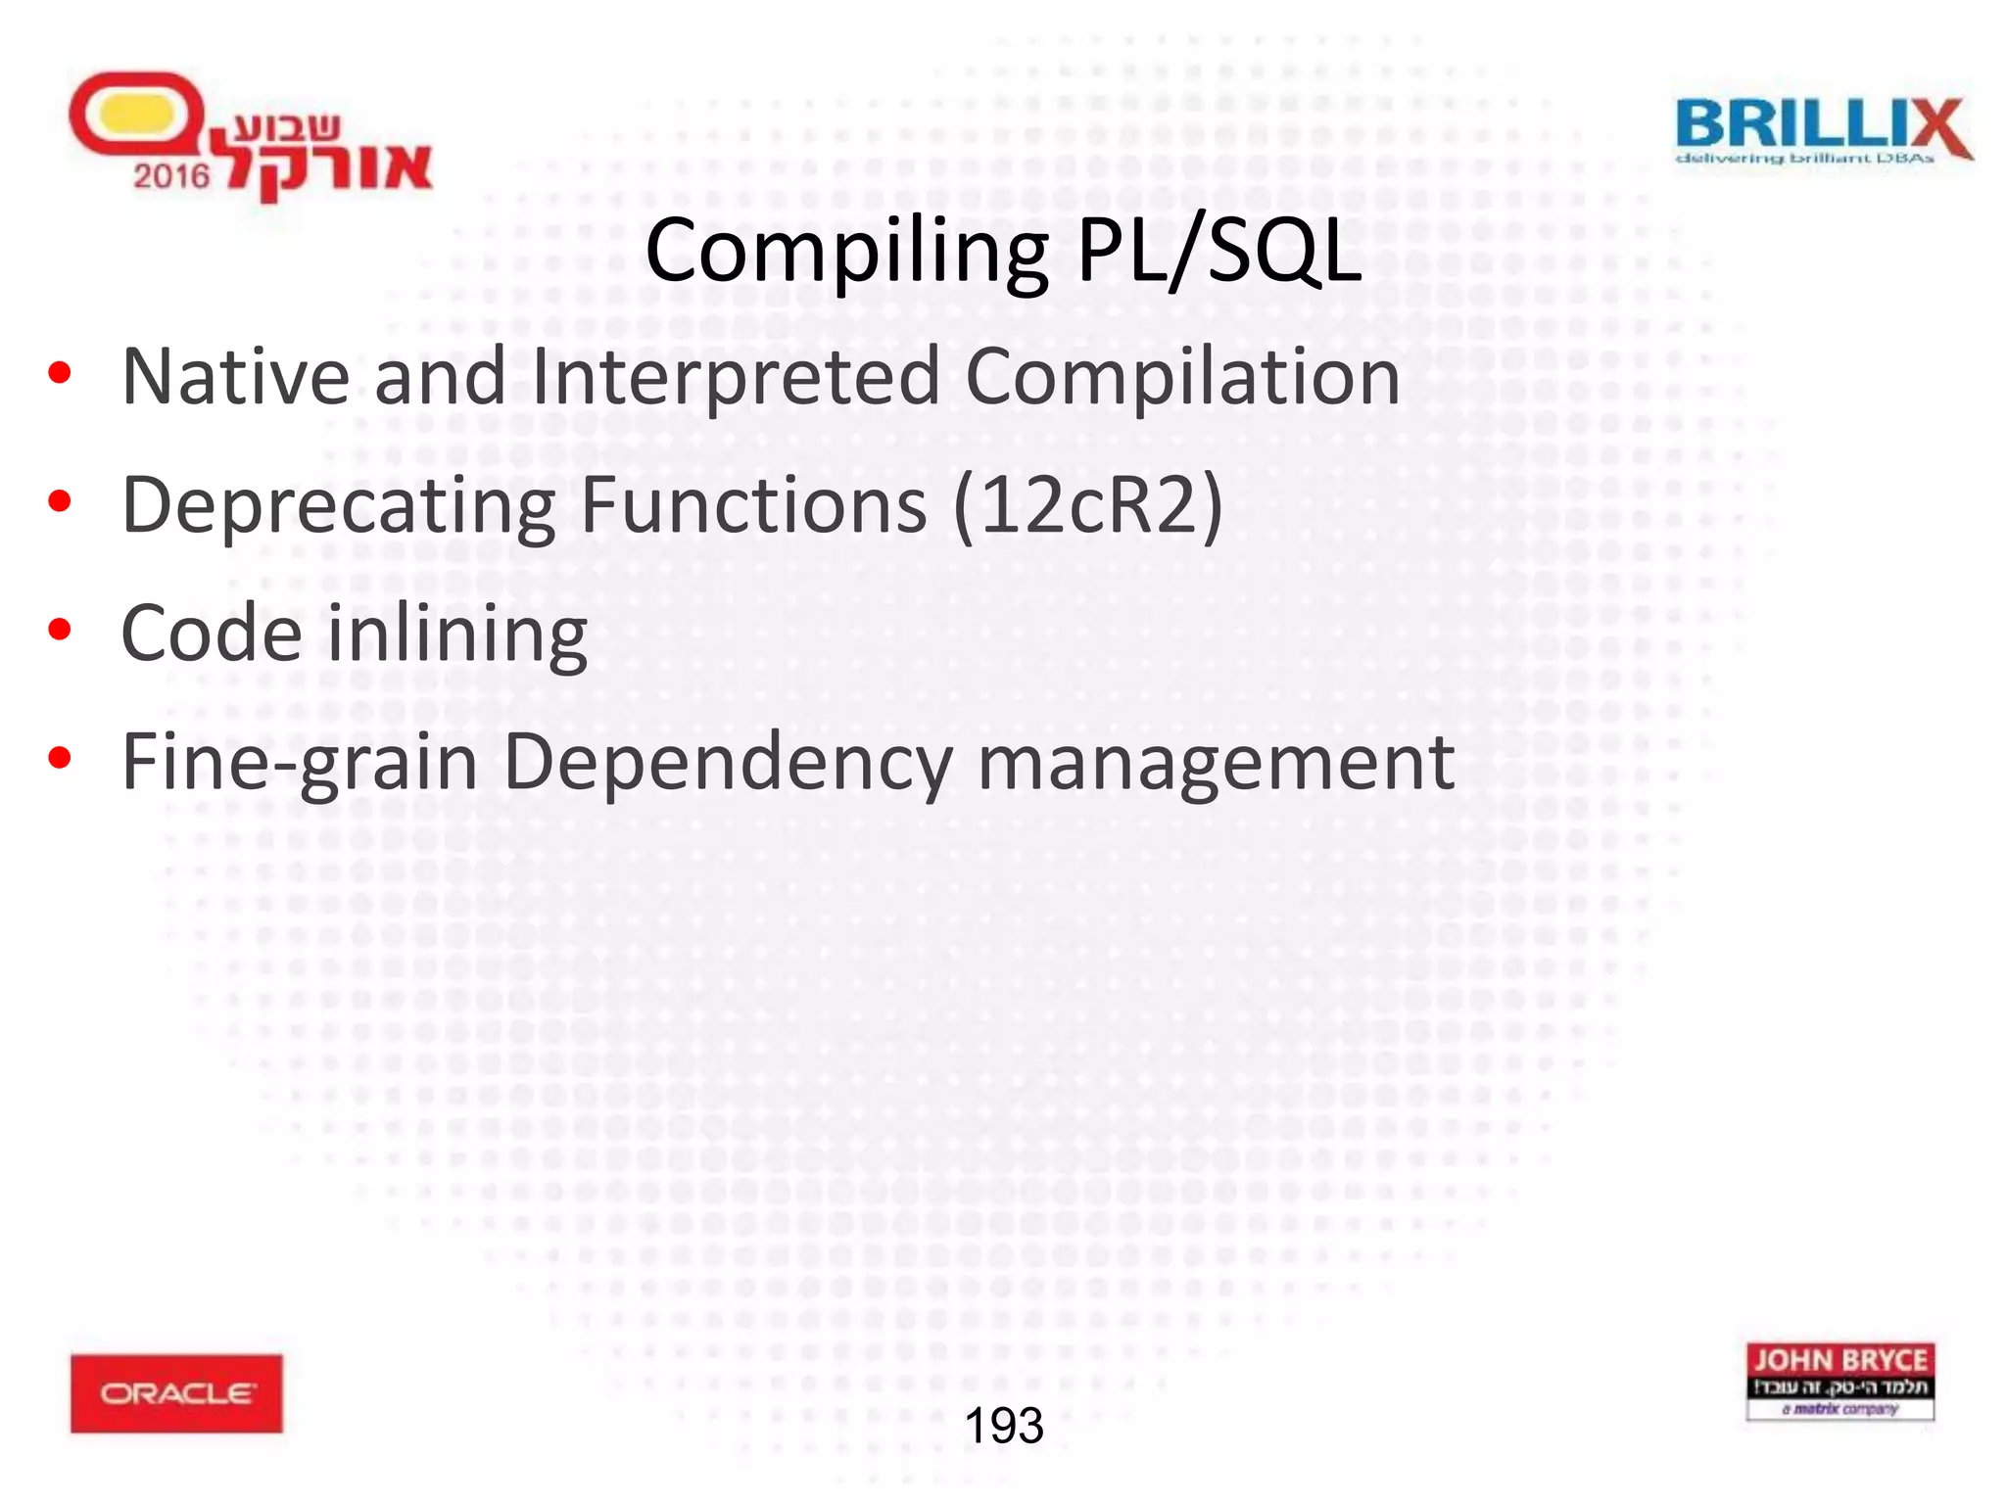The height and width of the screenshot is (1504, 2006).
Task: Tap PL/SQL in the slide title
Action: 1218,253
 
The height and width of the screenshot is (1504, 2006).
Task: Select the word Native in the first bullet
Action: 235,377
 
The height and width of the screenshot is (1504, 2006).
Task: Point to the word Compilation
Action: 1182,377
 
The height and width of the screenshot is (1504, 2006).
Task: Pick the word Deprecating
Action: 339,505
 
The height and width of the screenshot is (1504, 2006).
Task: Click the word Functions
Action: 753,505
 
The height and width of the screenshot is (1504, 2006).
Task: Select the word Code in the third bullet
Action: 211,634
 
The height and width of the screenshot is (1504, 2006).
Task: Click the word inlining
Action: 456,634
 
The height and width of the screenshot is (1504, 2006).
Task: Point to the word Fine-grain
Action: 299,763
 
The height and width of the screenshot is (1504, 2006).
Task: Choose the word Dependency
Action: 728,763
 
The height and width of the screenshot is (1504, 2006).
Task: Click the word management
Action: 1216,763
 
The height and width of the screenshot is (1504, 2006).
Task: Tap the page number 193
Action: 1004,1426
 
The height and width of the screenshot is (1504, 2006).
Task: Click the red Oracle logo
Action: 176,1393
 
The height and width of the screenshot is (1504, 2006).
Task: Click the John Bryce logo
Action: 1839,1382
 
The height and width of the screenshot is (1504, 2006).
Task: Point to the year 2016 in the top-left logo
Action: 171,176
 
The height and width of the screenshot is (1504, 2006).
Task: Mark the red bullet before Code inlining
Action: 60,630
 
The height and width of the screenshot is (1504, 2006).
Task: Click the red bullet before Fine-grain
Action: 60,758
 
